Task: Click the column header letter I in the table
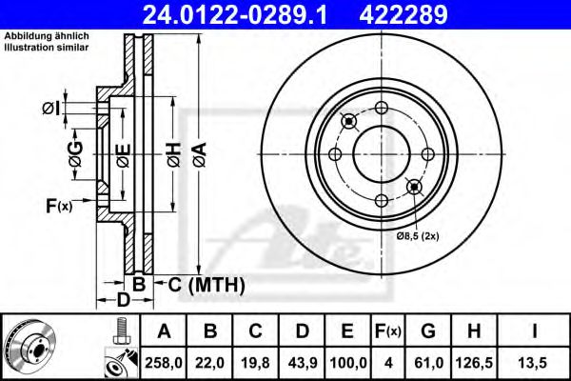pyautogui.click(x=536, y=331)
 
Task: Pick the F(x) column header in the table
pyautogui.click(x=387, y=331)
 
